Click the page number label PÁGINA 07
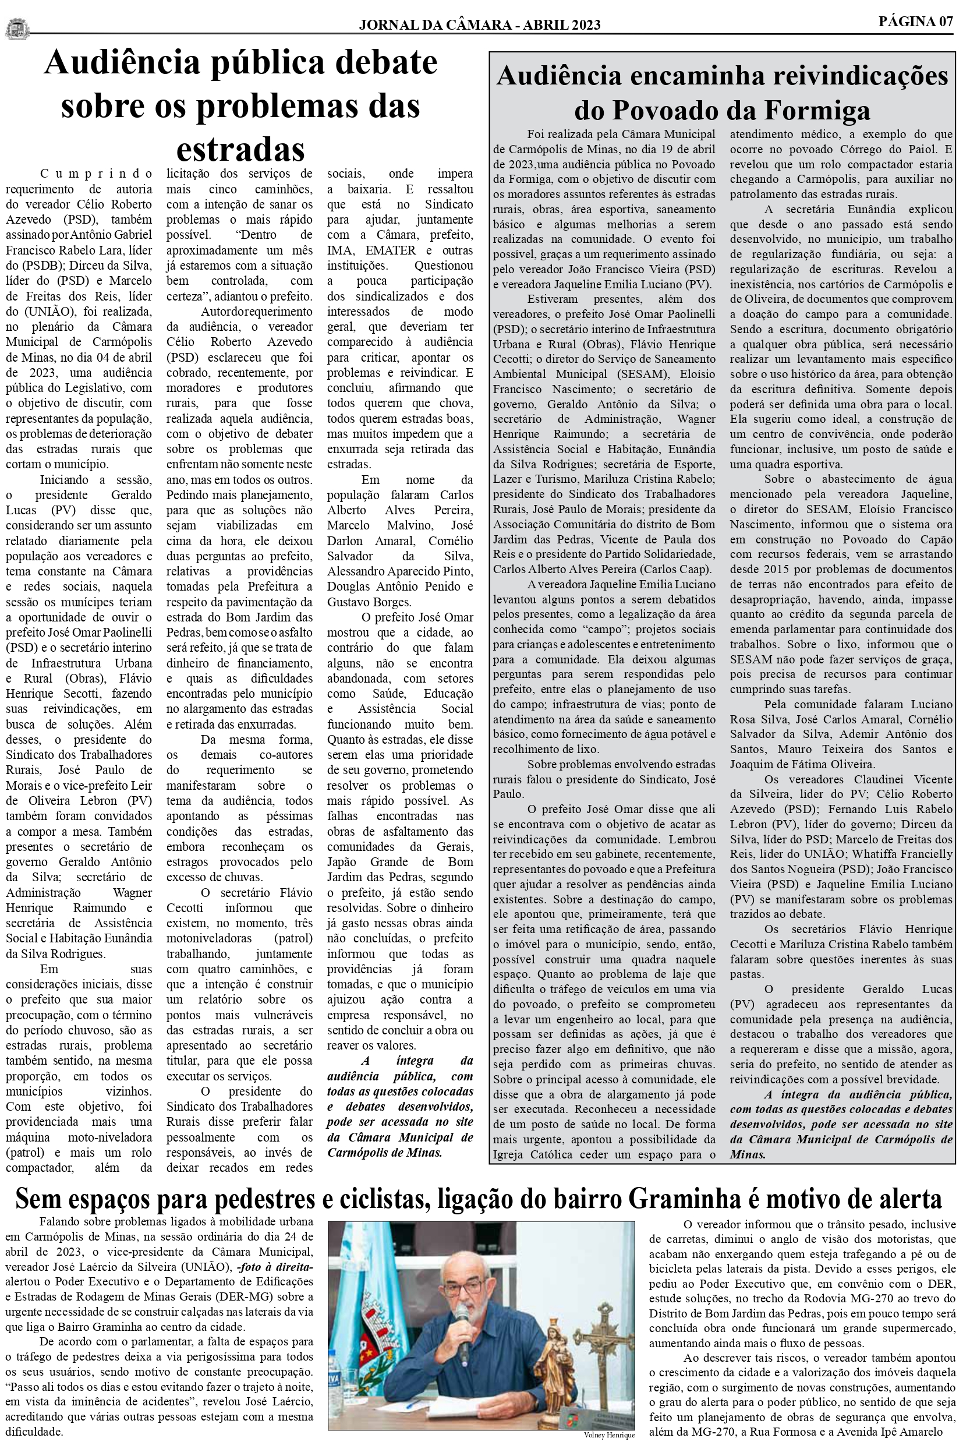[x=916, y=22]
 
